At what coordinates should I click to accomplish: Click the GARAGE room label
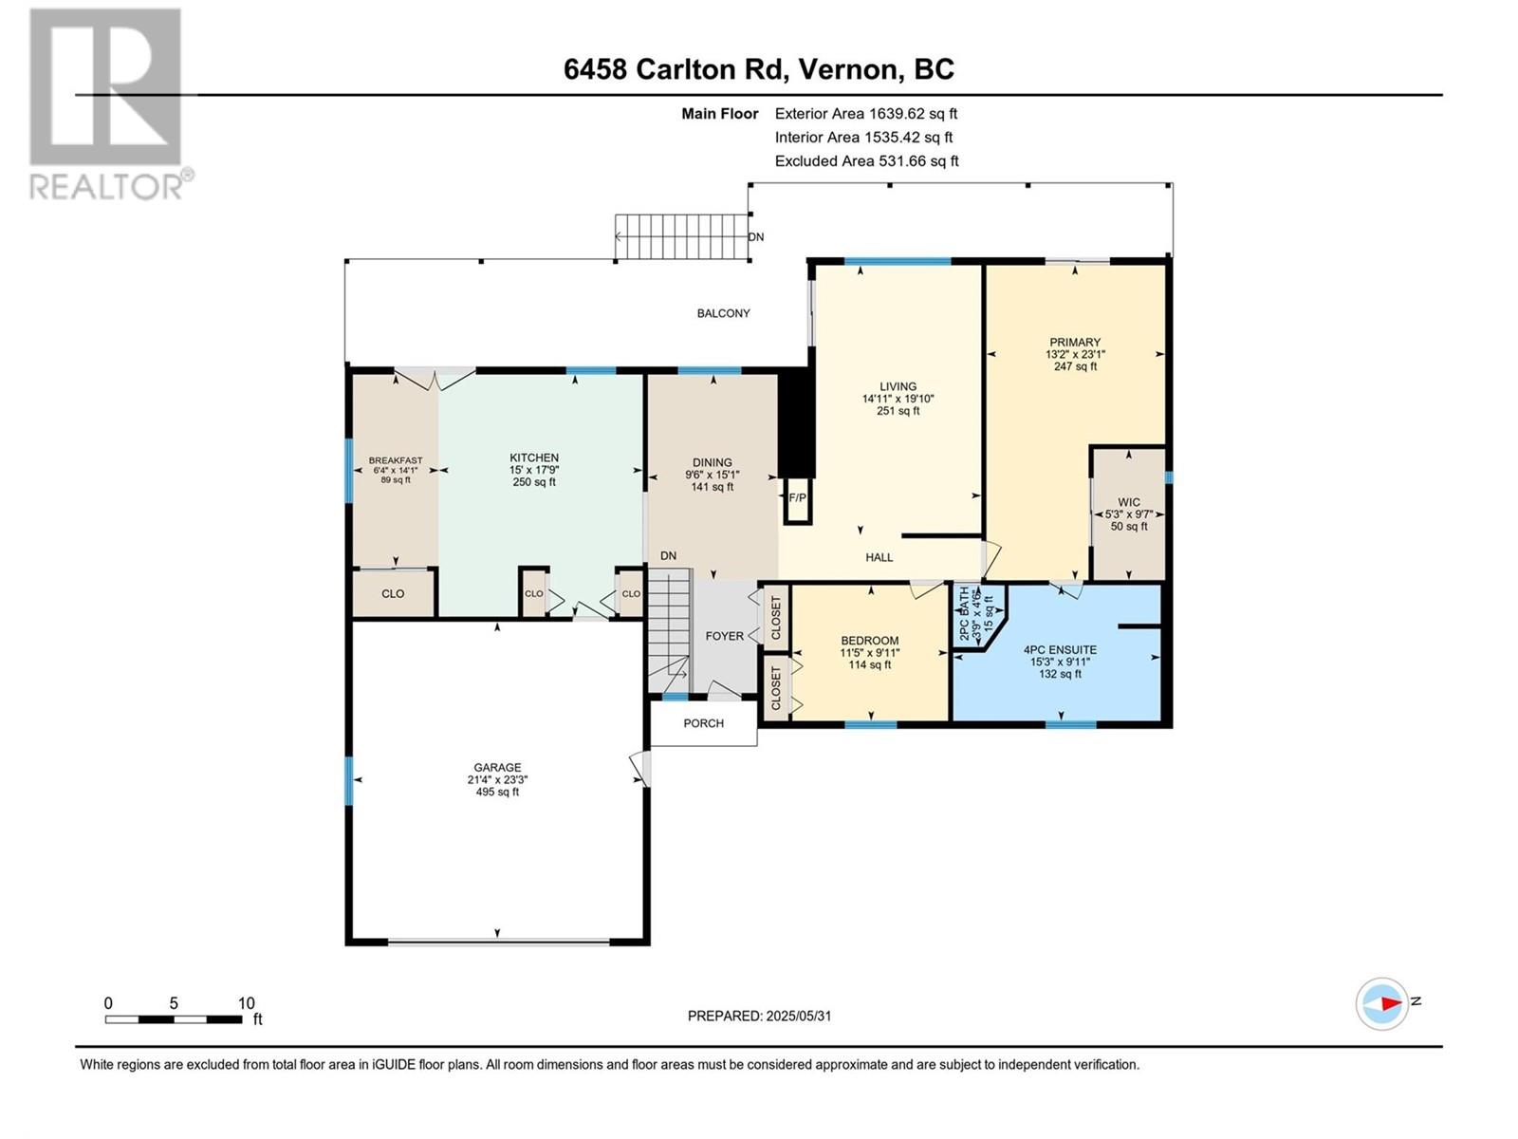(x=497, y=767)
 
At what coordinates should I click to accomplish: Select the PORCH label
(x=703, y=723)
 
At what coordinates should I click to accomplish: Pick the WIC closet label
(x=1129, y=502)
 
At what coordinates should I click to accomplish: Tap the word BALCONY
(x=723, y=313)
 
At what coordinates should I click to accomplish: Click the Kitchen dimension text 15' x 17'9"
(x=534, y=470)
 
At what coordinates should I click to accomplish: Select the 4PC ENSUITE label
(x=1060, y=650)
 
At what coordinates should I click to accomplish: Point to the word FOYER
(x=725, y=636)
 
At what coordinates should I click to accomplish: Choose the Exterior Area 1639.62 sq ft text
(x=866, y=113)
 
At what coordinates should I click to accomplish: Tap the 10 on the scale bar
(x=246, y=1003)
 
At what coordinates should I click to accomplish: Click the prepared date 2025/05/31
(x=799, y=1017)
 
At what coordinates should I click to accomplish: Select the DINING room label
(x=713, y=462)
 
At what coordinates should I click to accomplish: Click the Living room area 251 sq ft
(x=898, y=411)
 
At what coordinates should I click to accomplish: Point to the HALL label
(x=879, y=557)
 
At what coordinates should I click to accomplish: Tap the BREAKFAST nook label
(x=396, y=460)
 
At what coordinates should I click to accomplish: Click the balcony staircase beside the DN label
(x=682, y=236)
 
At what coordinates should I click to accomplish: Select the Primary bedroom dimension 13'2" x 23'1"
(x=1075, y=354)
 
